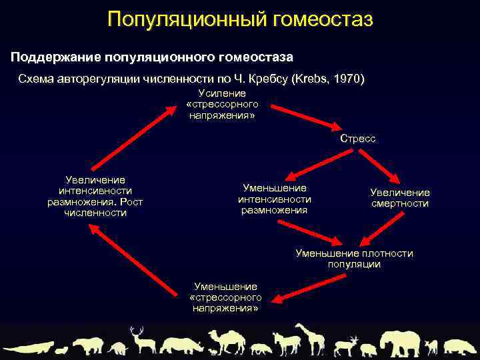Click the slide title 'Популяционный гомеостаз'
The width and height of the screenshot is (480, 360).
[240, 19]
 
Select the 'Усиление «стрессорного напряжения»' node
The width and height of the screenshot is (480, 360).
[222, 105]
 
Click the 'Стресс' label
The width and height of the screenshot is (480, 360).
[357, 139]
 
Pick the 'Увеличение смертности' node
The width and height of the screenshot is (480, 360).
[400, 198]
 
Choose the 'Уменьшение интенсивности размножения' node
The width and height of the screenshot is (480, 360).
[274, 199]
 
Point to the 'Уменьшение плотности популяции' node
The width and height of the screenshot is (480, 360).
[354, 259]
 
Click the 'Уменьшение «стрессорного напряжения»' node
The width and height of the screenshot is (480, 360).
[225, 297]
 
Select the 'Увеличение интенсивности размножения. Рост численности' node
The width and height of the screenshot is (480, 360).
[95, 197]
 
